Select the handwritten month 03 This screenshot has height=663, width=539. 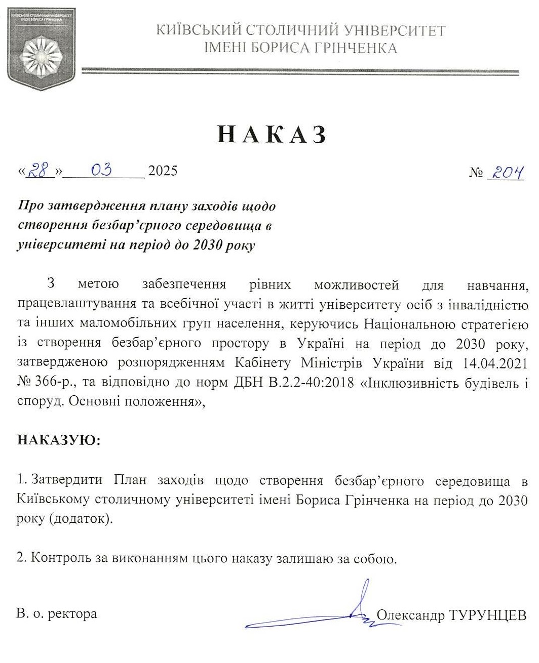point(101,170)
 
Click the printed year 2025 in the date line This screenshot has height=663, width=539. point(162,171)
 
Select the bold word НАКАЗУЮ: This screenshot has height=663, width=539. point(59,440)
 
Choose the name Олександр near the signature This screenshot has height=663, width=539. point(410,615)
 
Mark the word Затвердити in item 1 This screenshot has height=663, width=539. point(67,480)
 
